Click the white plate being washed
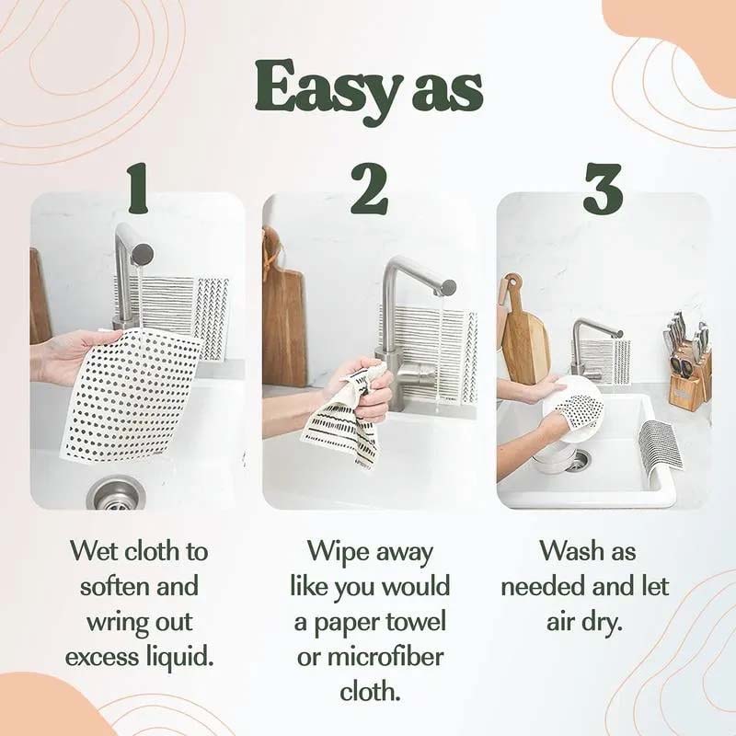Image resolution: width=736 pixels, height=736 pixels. (x=580, y=409)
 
